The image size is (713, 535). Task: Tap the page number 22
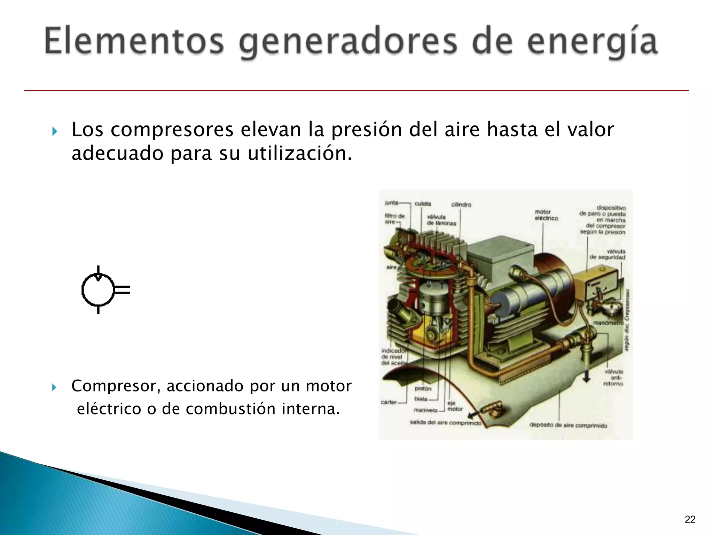(x=690, y=519)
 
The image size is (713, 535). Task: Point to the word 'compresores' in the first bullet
(x=172, y=130)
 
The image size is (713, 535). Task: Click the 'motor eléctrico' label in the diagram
(x=546, y=215)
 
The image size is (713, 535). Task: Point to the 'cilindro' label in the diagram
(x=461, y=204)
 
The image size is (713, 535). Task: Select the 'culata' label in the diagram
(x=423, y=203)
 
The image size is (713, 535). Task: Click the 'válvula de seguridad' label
(x=608, y=254)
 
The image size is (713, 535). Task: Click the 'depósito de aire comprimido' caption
(x=568, y=425)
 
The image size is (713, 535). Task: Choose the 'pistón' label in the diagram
(x=423, y=388)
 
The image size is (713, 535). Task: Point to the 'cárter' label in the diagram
(x=389, y=402)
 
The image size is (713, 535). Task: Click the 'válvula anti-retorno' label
(x=613, y=378)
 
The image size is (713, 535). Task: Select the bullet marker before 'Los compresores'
(x=54, y=132)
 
